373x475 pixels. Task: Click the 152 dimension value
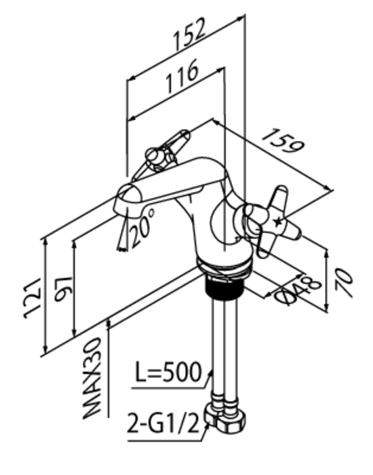(190, 34)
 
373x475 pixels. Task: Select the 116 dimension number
(182, 76)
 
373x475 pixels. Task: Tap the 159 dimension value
(283, 140)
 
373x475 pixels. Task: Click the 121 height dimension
(32, 298)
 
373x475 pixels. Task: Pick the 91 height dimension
(64, 289)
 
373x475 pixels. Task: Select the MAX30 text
(92, 378)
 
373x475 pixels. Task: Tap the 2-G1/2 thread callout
(163, 423)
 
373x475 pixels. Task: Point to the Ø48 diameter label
(297, 290)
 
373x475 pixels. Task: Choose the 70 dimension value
(345, 284)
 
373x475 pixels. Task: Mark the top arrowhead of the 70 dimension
(327, 254)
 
